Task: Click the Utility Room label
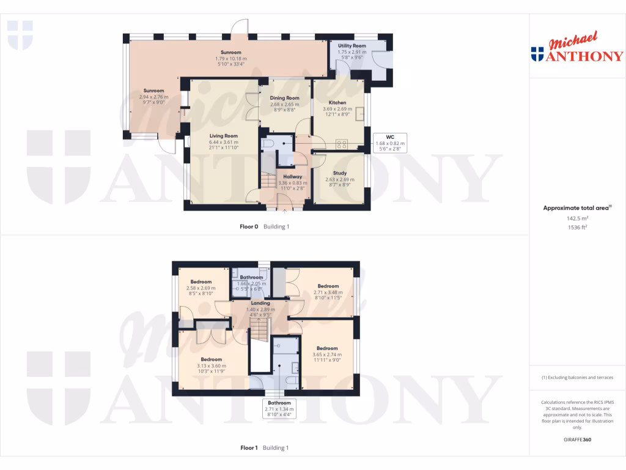pyautogui.click(x=352, y=46)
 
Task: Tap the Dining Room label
pyautogui.click(x=284, y=98)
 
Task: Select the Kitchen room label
pyautogui.click(x=337, y=103)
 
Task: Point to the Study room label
pyautogui.click(x=339, y=173)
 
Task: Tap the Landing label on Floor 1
pyautogui.click(x=257, y=303)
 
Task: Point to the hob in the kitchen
pyautogui.click(x=343, y=145)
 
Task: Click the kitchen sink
pyautogui.click(x=361, y=114)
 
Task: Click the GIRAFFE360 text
pyautogui.click(x=577, y=440)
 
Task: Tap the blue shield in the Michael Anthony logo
pyautogui.click(x=537, y=54)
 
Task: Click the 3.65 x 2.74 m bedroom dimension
pyautogui.click(x=327, y=355)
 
